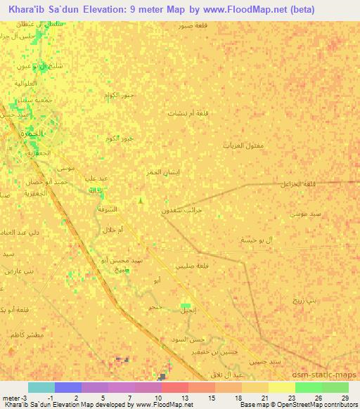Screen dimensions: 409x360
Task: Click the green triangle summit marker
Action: coord(141,202)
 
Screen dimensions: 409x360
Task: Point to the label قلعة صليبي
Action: coord(194,265)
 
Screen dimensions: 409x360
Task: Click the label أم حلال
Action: coord(112,231)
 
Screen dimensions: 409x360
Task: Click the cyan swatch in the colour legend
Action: coord(41,387)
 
